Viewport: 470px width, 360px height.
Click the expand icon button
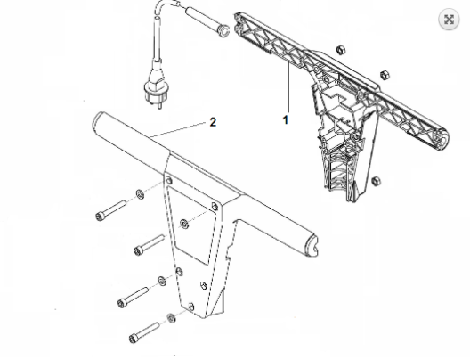[x=449, y=20]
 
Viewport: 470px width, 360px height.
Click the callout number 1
[x=286, y=120]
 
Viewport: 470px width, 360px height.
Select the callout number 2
[x=213, y=122]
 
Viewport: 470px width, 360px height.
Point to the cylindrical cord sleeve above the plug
[x=207, y=22]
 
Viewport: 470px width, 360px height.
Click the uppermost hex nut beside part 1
[x=341, y=50]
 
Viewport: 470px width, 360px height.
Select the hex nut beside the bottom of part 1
[x=376, y=181]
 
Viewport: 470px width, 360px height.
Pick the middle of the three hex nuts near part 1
[x=385, y=75]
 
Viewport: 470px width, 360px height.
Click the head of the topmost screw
[x=101, y=217]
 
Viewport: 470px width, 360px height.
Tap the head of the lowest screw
[x=134, y=339]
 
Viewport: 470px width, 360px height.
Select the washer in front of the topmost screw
[x=140, y=194]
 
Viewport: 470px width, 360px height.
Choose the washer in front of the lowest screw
[x=172, y=318]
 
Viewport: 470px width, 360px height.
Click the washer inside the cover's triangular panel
[x=184, y=224]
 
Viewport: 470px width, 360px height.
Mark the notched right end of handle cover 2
[x=312, y=245]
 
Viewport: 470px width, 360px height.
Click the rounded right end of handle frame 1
[x=442, y=139]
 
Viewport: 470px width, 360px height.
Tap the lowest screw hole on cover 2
[x=190, y=307]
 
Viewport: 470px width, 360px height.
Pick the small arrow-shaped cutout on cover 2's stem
[x=204, y=285]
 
